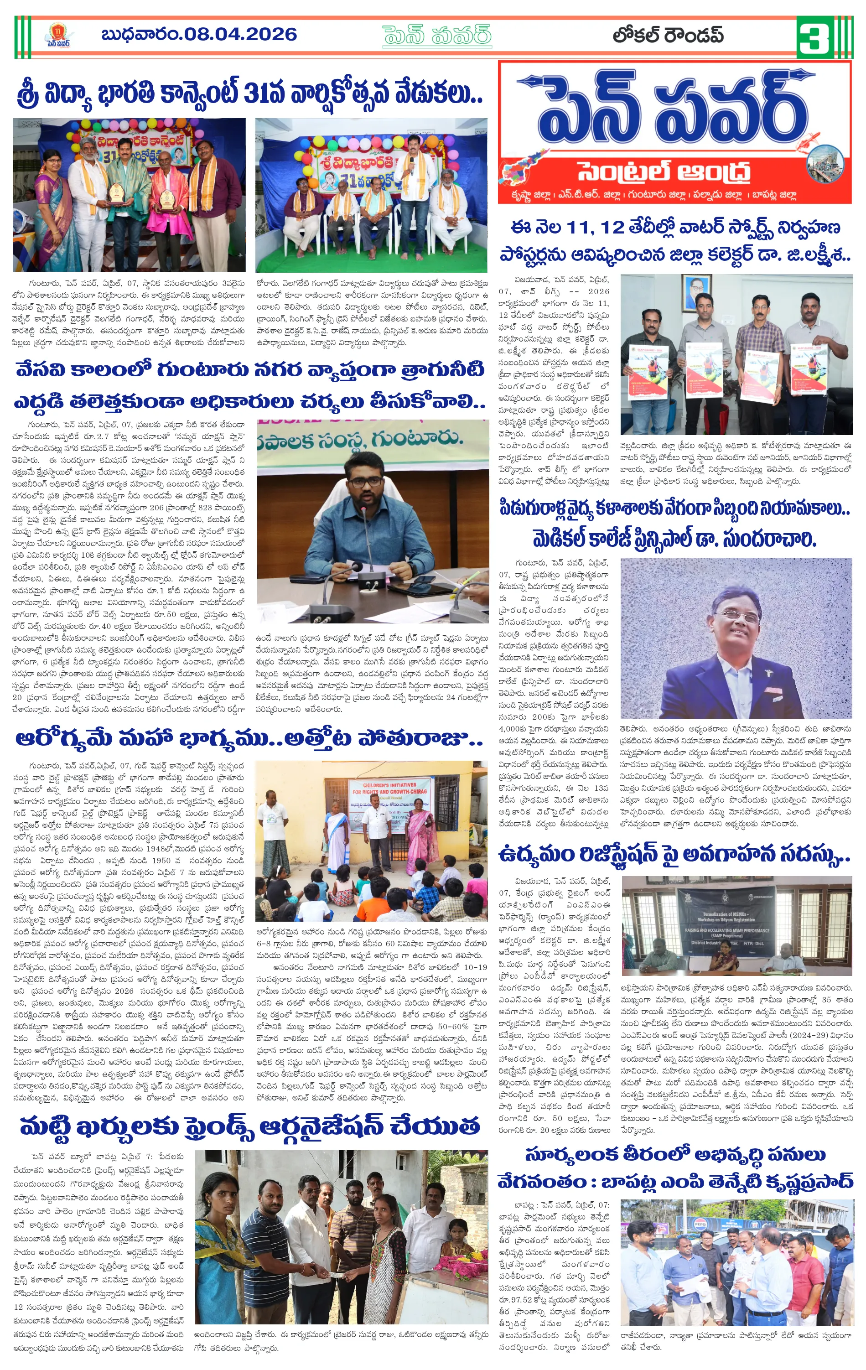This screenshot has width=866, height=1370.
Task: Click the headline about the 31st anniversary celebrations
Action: pyautogui.click(x=249, y=94)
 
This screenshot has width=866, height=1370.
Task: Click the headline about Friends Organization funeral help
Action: pyautogui.click(x=249, y=1126)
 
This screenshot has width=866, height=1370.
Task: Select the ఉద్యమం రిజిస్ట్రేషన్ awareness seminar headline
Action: pyautogui.click(x=674, y=855)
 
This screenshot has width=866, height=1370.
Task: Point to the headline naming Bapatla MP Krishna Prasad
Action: pyautogui.click(x=675, y=1181)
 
